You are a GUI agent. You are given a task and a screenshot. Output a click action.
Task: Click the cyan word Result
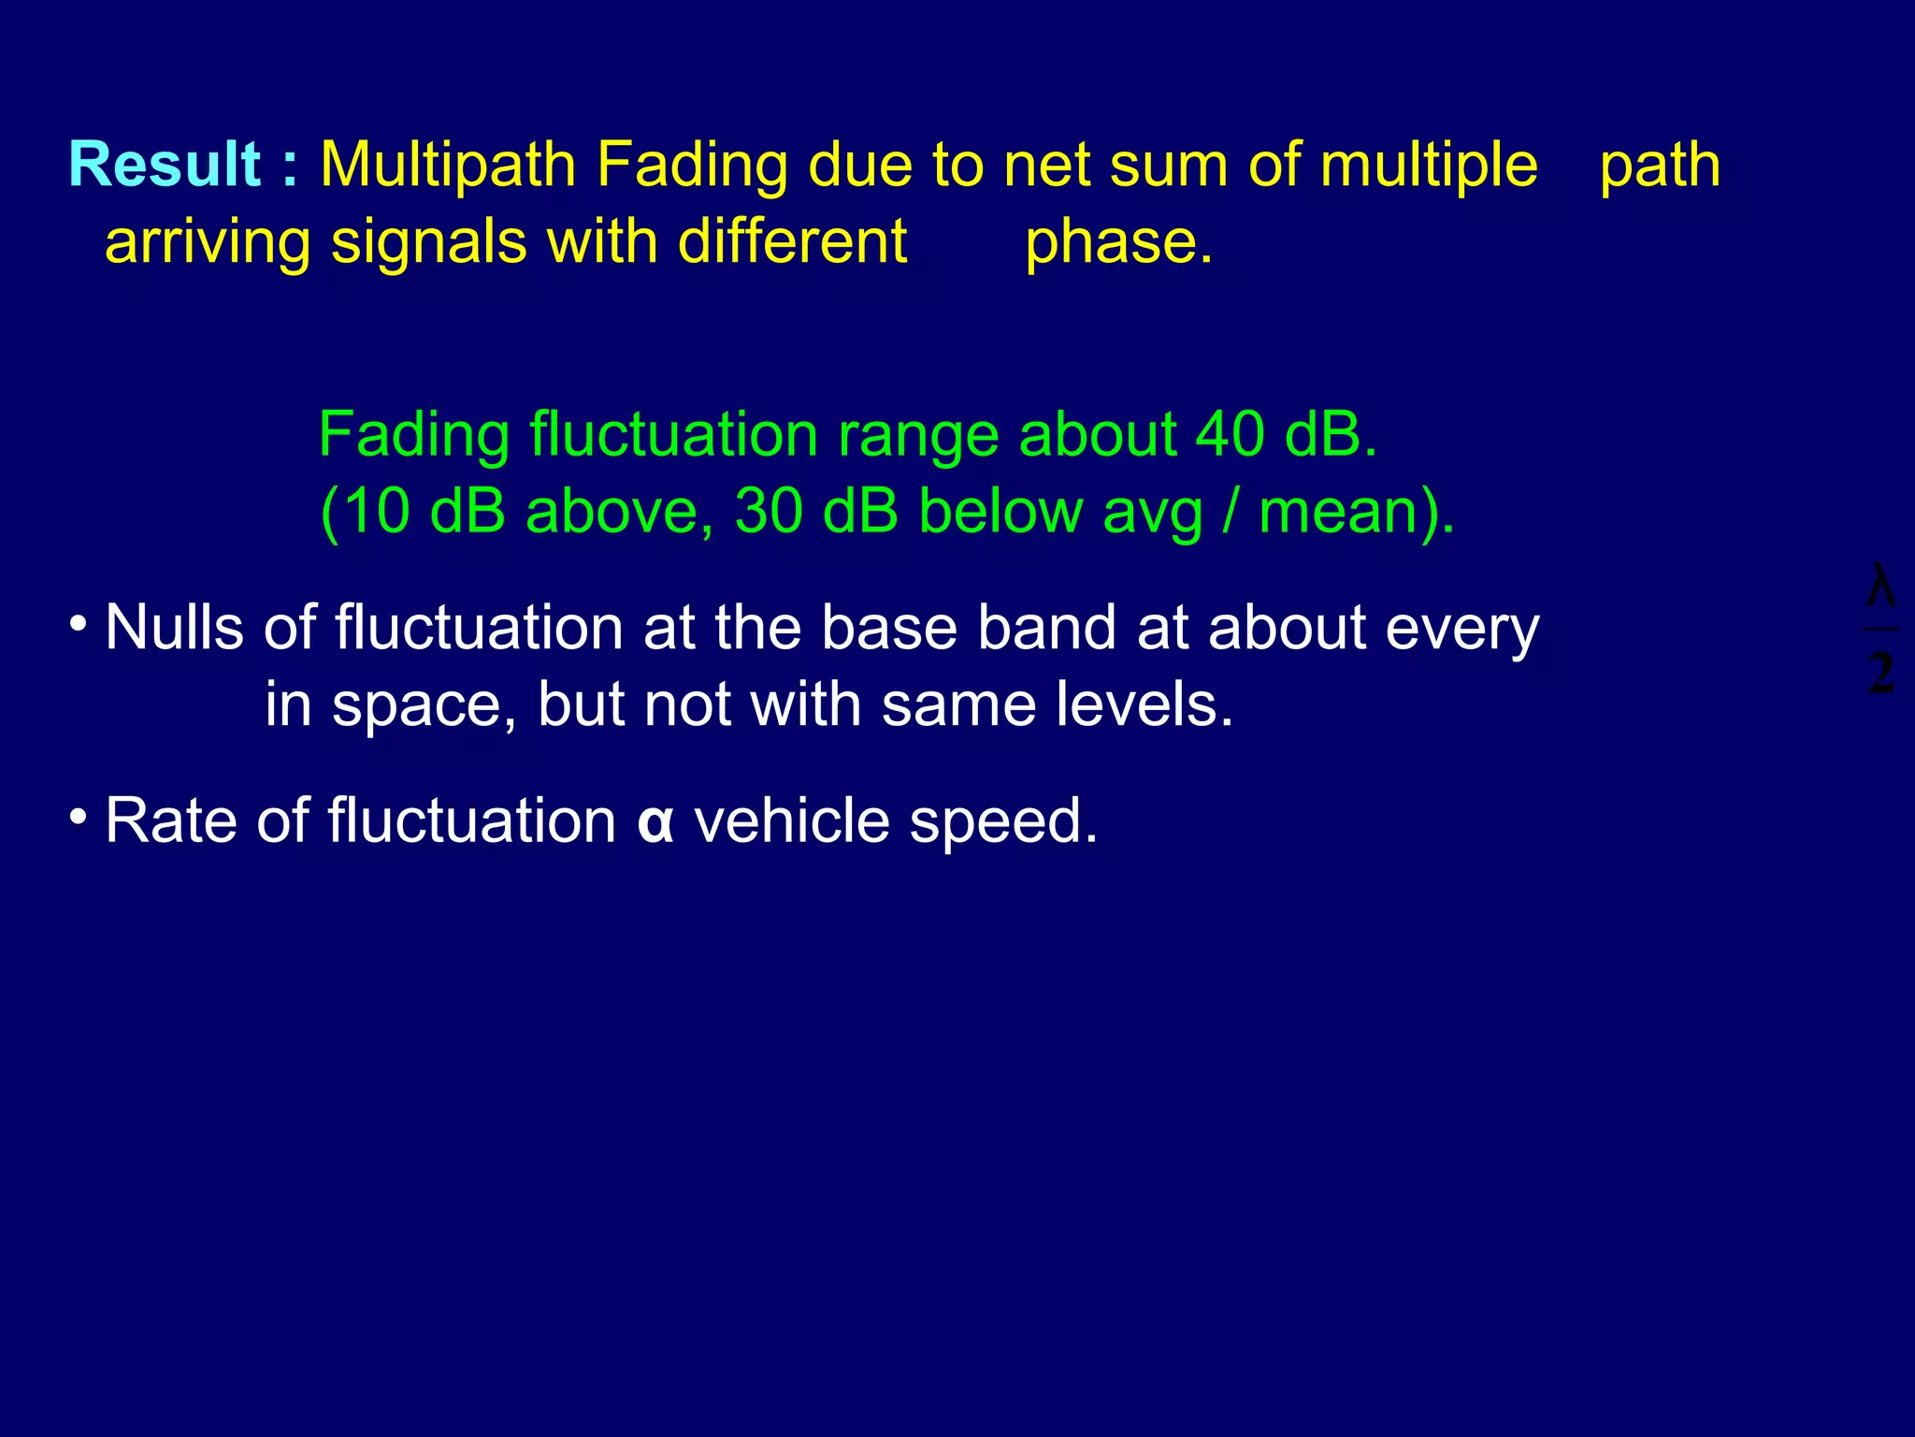pyautogui.click(x=165, y=166)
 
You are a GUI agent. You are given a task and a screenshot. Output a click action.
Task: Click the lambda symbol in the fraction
pyautogui.click(x=1880, y=587)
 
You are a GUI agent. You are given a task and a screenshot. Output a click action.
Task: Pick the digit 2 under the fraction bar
pyautogui.click(x=1880, y=673)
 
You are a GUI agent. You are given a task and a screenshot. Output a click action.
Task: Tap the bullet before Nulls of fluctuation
pyautogui.click(x=79, y=623)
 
